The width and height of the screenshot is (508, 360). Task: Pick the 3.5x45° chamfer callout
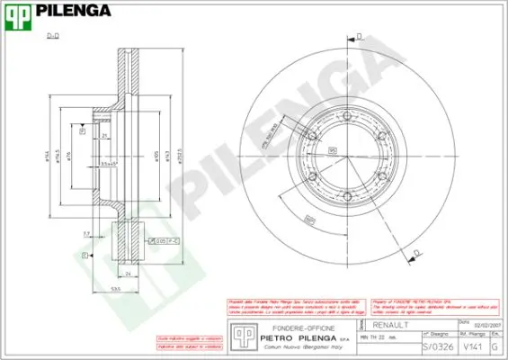click(109, 164)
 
